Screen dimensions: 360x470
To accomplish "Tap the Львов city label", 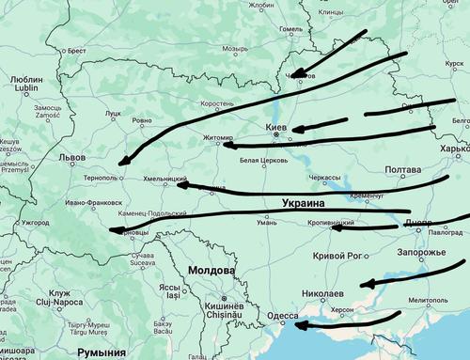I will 71,158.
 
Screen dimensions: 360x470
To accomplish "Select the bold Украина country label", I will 303,203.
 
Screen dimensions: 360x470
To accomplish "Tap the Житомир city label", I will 217,137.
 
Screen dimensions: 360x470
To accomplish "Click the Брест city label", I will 71,51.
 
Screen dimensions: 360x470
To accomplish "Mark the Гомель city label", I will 291,28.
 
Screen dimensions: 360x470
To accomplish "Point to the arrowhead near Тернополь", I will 127,161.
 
